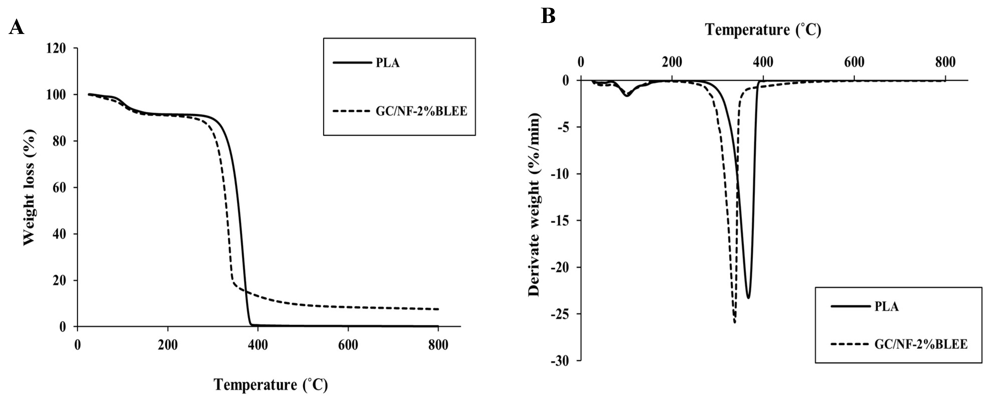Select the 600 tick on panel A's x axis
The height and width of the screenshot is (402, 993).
(348, 345)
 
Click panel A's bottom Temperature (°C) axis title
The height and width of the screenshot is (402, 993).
(271, 385)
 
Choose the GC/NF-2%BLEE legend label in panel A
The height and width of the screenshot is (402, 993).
(421, 112)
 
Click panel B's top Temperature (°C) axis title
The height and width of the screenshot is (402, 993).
(763, 30)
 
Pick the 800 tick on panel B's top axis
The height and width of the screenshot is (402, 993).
(945, 62)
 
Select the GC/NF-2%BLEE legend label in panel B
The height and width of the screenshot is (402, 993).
(920, 344)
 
